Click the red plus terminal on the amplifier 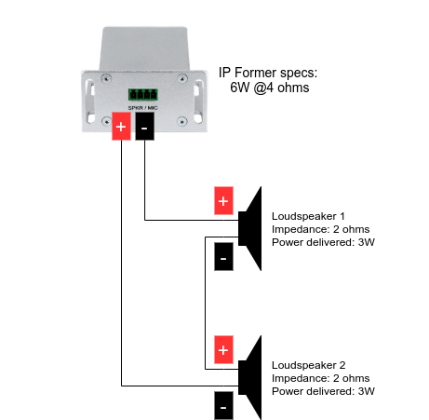coord(121,127)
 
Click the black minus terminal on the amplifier coord(144,127)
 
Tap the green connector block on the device coord(143,94)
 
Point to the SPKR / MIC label coord(143,108)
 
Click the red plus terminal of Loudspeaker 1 coord(223,201)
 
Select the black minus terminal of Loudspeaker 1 coord(223,257)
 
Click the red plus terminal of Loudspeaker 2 coord(223,350)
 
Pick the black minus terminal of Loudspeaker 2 coord(223,406)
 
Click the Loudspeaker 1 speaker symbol coord(250,229)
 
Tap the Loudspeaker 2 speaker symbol coord(250,378)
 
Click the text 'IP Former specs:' coord(268,73)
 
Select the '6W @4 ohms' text coord(270,88)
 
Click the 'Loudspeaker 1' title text coord(308,216)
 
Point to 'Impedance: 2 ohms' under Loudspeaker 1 coord(321,229)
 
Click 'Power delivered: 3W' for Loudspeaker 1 coord(323,242)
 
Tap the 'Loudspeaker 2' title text coord(309,365)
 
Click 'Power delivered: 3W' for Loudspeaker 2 coord(323,391)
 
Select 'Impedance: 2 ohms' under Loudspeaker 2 coord(321,378)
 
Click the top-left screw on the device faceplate coord(106,78)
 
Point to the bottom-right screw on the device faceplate coord(181,121)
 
